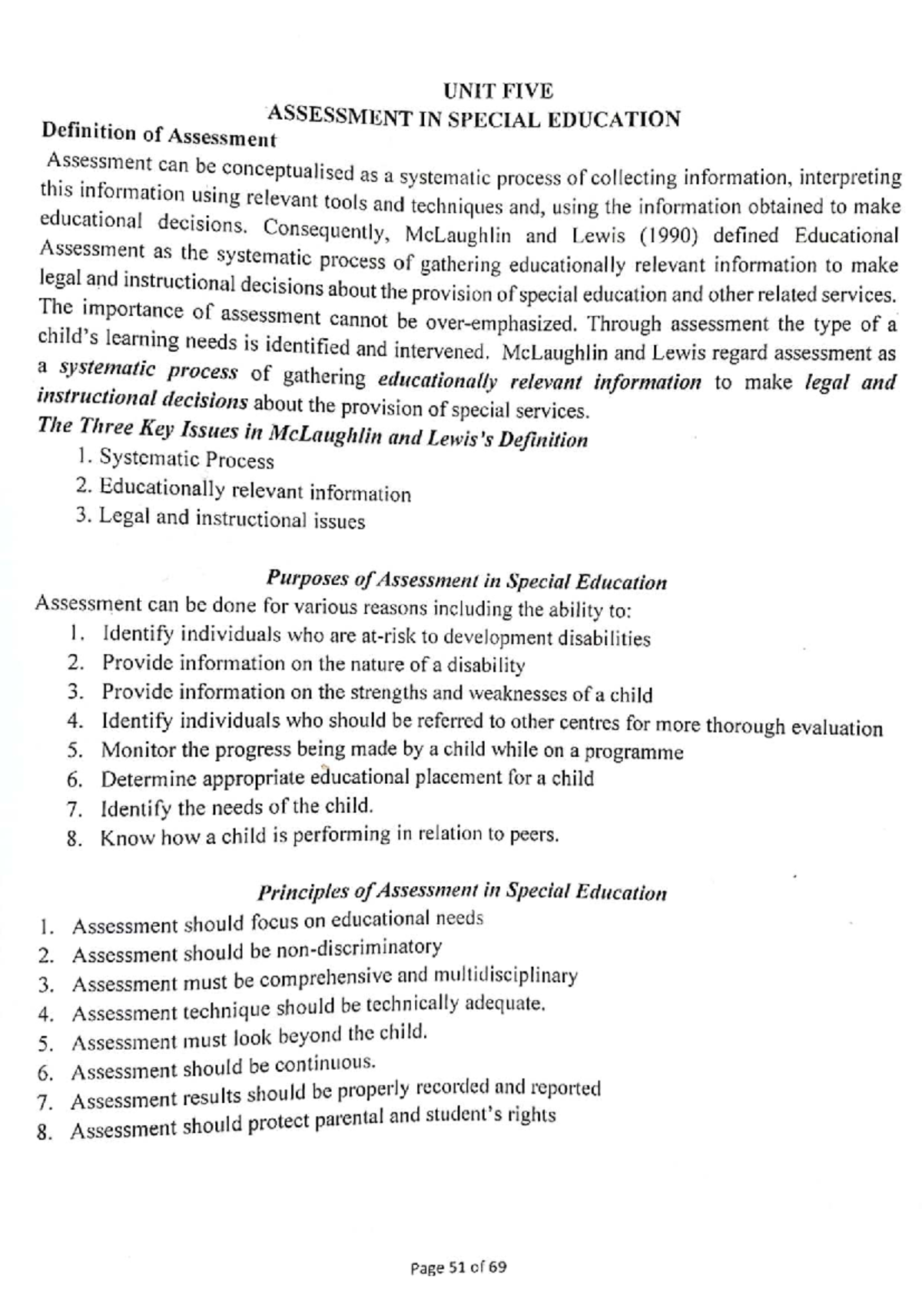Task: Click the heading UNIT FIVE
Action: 498,91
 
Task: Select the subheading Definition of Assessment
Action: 158,134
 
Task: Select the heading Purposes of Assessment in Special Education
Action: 466,581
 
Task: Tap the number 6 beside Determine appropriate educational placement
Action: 74,781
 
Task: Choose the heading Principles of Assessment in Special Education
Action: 461,892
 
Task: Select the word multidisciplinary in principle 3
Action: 505,976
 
